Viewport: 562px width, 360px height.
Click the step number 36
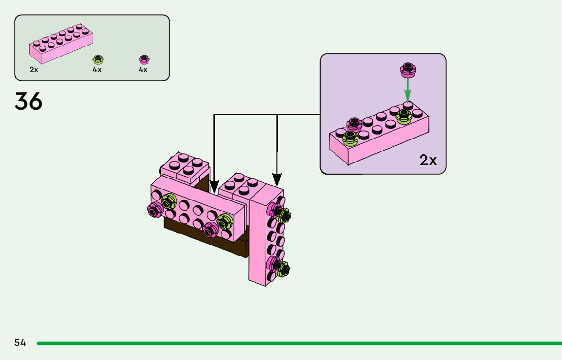(x=28, y=102)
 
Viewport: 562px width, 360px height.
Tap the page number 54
(x=20, y=343)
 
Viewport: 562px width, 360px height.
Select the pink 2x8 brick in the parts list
(x=61, y=44)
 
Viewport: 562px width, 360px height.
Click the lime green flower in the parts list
(x=97, y=59)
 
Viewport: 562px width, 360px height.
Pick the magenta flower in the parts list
(x=143, y=59)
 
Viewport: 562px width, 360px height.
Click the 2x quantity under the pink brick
(x=34, y=70)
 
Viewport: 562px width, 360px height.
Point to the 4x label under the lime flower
(x=97, y=70)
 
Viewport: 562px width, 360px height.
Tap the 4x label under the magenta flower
(x=143, y=70)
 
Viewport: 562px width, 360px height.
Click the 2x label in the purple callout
(x=428, y=160)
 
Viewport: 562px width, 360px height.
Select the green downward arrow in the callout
(x=407, y=91)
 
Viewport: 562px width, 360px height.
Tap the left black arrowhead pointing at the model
(x=214, y=185)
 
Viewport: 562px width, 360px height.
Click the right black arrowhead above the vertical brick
(x=277, y=179)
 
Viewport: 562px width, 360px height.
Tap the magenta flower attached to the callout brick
(x=354, y=123)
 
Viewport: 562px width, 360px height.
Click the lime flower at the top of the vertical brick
(x=284, y=216)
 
